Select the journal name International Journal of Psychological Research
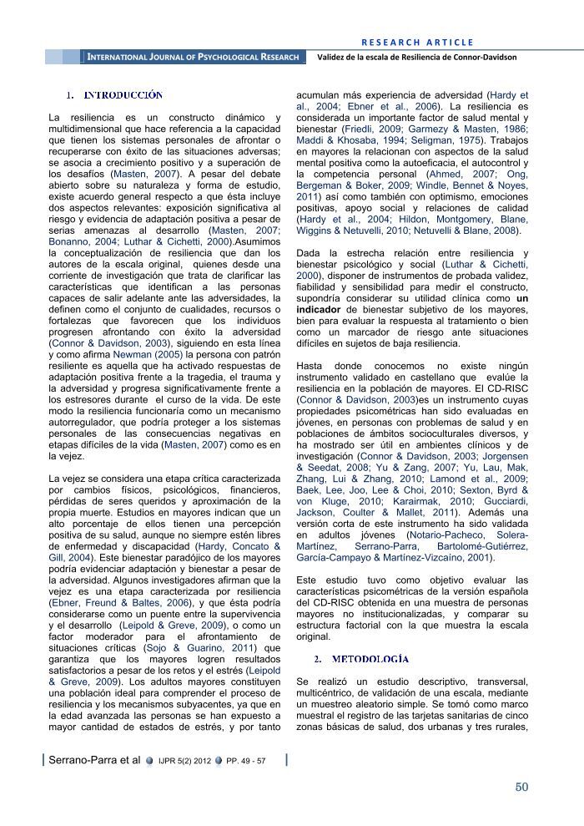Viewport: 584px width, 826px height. point(193,57)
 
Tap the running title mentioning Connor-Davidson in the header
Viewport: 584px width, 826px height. point(417,57)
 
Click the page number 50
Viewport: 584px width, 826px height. point(521,786)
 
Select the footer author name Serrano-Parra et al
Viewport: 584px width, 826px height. point(94,761)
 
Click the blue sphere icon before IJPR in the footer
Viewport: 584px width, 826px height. point(149,761)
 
